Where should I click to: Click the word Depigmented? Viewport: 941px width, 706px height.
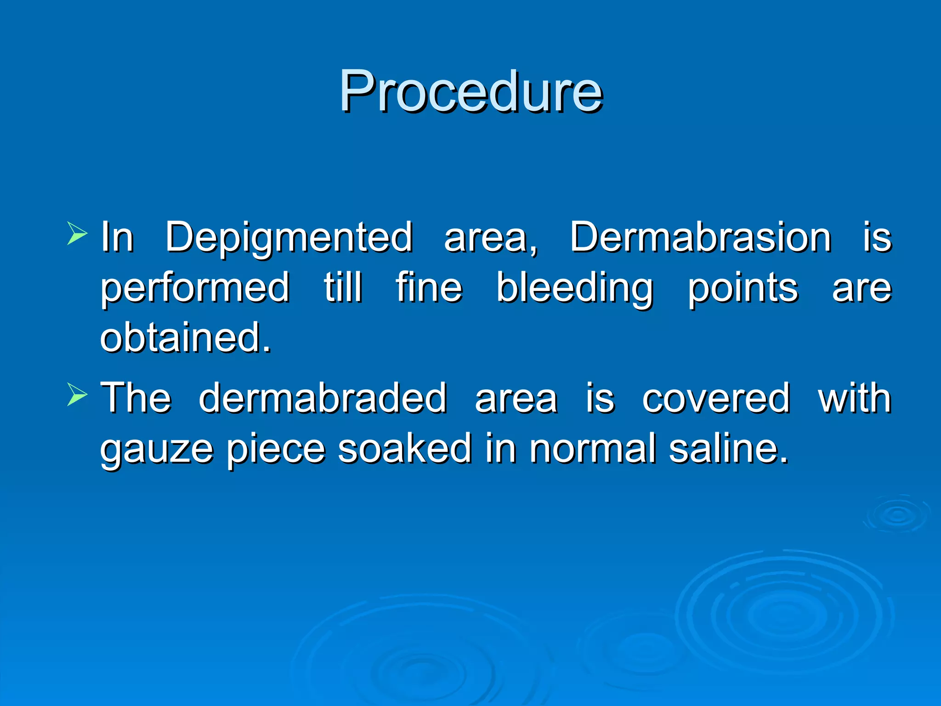289,238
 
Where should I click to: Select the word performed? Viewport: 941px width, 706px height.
195,289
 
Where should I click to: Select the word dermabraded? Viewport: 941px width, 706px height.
323,398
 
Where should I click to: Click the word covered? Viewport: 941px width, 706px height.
716,398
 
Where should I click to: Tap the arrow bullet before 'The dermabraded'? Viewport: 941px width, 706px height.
77,394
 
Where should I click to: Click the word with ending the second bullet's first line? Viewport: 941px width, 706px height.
855,398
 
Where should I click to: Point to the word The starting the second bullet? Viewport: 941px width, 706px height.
136,398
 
